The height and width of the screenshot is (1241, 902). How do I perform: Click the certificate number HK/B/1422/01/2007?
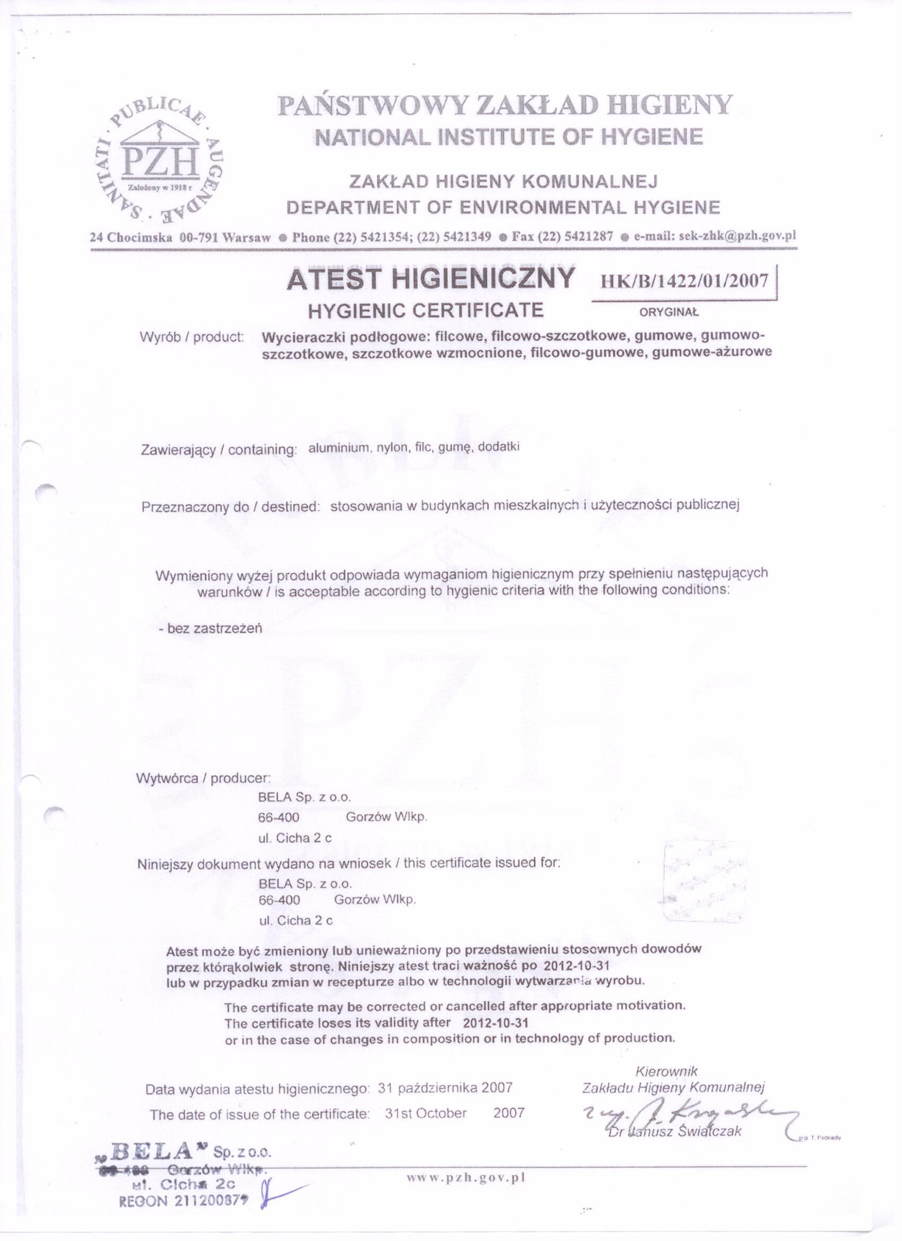click(684, 281)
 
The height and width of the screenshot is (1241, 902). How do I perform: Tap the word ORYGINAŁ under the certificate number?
click(669, 314)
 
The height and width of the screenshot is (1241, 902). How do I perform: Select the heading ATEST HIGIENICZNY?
click(430, 279)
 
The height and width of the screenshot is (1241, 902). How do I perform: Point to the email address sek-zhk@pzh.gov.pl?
click(714, 236)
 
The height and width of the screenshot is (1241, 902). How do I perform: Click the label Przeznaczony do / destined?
click(230, 507)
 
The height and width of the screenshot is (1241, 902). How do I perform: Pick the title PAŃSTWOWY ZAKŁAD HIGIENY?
click(505, 105)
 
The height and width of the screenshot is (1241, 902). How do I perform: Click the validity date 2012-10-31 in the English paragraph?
click(496, 1023)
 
